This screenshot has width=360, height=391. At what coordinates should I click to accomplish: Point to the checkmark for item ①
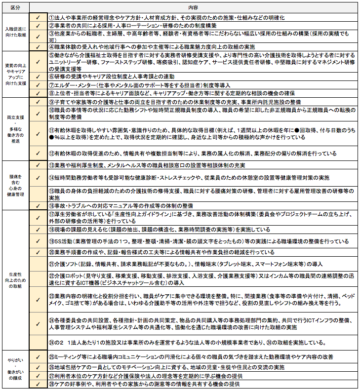coord(38,17)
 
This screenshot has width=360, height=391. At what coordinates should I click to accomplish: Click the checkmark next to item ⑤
coord(38,62)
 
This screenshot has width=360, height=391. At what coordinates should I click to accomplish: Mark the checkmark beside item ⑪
coord(38,133)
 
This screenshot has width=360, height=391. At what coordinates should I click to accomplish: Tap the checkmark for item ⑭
coord(38,177)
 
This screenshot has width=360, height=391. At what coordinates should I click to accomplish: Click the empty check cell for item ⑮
coord(38,194)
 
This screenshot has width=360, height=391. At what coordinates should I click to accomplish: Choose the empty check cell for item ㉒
coord(38,279)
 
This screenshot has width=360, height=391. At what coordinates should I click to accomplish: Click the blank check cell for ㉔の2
coord(38,343)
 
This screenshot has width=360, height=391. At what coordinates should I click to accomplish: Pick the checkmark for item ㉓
coord(38,299)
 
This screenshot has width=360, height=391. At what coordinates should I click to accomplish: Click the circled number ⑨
coord(51,101)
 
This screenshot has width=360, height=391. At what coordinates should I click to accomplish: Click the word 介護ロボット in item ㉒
coord(67,275)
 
